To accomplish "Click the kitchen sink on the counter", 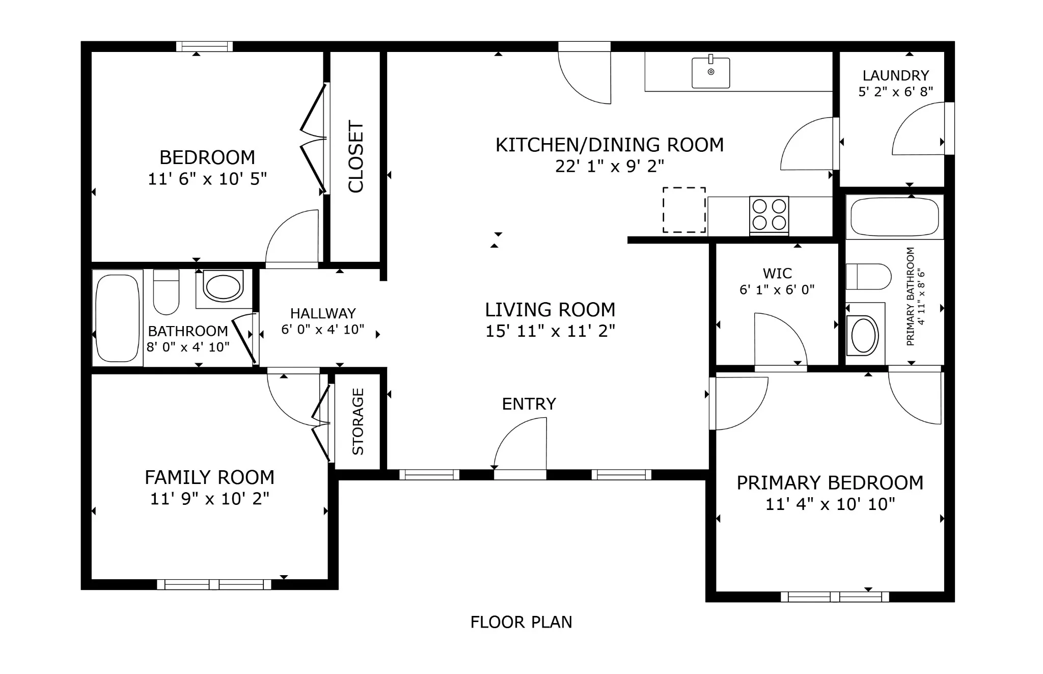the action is point(710,72).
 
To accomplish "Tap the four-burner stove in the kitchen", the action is point(769,215).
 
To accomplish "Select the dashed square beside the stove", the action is point(684,210).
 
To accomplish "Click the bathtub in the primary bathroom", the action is point(894,217).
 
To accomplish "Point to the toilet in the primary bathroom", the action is point(868,277).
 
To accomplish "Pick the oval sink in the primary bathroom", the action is point(864,336).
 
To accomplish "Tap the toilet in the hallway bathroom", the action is point(166,292).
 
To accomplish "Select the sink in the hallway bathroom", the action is point(223,287).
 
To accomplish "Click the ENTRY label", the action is point(529,404).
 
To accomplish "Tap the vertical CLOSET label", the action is point(355,157).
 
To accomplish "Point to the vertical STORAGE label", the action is point(358,421).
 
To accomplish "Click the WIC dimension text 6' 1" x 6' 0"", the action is point(777,289).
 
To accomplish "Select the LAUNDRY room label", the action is point(895,75).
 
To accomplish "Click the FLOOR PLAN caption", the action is point(521,622).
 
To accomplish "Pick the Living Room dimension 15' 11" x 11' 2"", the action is point(550,331).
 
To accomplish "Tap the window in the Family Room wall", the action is point(214,584).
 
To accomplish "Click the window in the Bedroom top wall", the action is point(204,46).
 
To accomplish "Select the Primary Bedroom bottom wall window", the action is point(835,597).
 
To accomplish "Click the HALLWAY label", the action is point(323,313).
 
